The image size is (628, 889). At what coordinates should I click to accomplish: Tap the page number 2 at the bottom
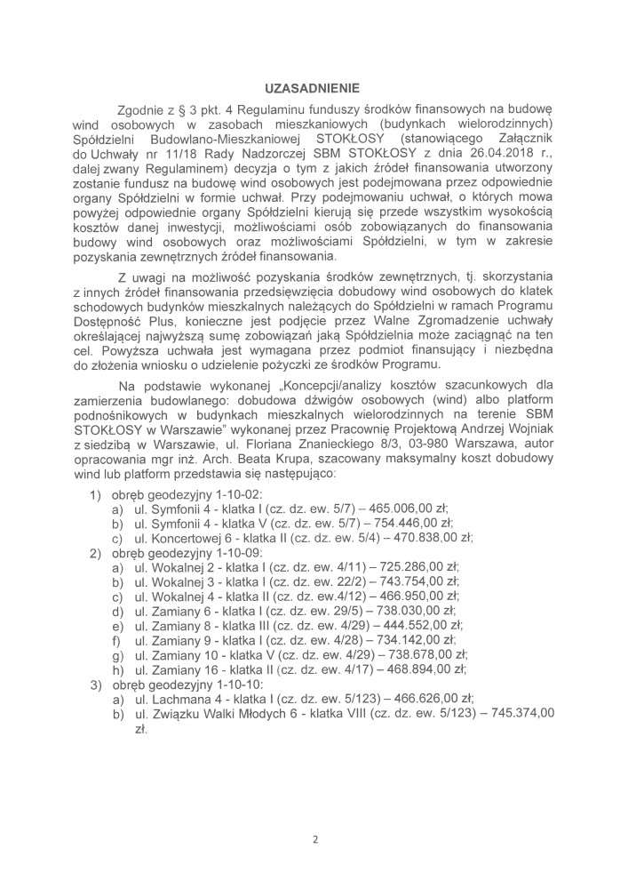click(314, 839)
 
